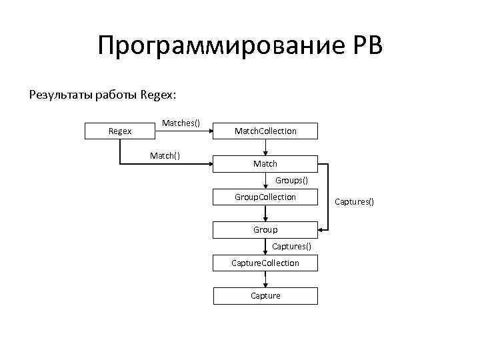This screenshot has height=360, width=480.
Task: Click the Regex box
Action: (x=120, y=131)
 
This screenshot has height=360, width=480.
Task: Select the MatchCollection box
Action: (x=265, y=131)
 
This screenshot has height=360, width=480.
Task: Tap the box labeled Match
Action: (x=265, y=163)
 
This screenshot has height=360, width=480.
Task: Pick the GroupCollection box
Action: (x=265, y=197)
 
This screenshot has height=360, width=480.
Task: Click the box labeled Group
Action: (x=265, y=229)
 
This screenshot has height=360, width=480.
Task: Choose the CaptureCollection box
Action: (x=265, y=263)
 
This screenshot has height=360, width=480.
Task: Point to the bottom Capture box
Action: (x=265, y=295)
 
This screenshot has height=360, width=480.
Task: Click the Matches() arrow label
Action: (x=181, y=123)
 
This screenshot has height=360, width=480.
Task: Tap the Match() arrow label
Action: (x=165, y=155)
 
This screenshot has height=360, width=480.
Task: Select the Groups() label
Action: (x=291, y=180)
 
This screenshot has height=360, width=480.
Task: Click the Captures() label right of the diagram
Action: (x=354, y=201)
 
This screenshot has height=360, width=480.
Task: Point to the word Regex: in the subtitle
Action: (x=159, y=95)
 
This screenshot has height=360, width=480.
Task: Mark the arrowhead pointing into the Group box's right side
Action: (x=322, y=230)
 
